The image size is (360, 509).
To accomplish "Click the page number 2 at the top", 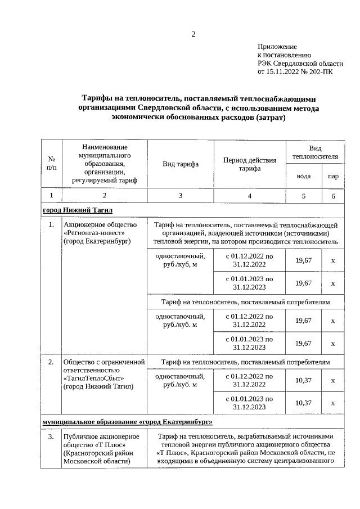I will pos(193,34).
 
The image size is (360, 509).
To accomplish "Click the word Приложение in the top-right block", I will pos(277,47).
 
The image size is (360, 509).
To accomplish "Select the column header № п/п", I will pos(51,164).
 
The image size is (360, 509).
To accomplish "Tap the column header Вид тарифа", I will pos(180,164).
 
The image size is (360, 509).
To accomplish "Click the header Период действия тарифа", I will pos(250,164).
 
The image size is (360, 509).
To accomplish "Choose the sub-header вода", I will pos(304,176).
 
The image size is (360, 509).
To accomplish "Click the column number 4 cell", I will pos(250,195).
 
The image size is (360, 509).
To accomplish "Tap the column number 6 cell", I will pos(333,195).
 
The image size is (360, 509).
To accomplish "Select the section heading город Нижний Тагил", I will pos(78,210).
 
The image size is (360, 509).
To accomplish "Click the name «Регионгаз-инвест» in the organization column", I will pos(94,233).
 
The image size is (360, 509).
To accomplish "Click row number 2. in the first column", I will pos(51,362).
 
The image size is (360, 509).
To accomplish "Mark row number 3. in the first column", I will pos(51,436).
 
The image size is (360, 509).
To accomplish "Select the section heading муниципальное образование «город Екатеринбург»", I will pos(127,421).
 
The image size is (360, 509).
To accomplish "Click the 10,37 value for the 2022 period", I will pos(304,380).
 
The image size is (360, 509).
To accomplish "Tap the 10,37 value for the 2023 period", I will pos(304,403).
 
